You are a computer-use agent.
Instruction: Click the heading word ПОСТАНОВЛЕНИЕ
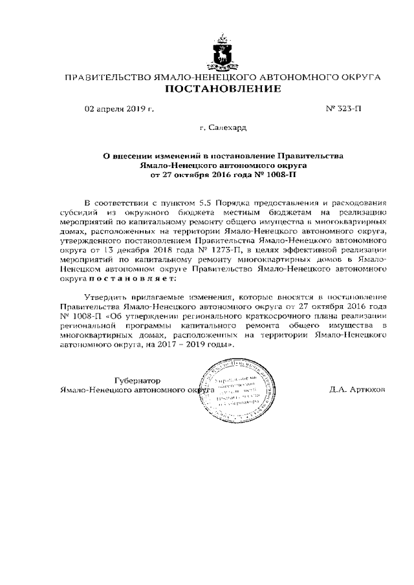pos(223,89)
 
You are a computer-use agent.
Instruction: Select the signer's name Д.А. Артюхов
pos(357,390)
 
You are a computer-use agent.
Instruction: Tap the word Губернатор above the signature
pos(137,380)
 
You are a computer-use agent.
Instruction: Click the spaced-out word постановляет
pos(132,277)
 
